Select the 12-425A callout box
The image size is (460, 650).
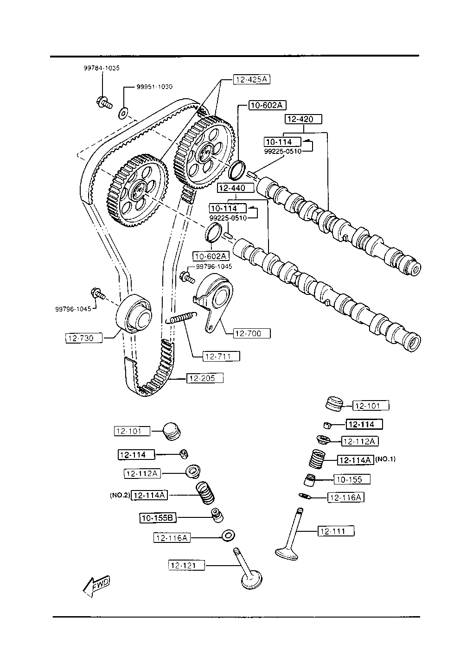[252, 79]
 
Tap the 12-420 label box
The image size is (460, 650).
[303, 119]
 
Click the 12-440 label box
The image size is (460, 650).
[236, 188]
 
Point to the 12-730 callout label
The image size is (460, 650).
[84, 338]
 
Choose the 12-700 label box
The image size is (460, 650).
[252, 333]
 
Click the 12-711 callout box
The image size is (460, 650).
[222, 356]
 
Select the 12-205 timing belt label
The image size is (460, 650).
[205, 378]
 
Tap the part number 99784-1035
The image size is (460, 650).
[102, 68]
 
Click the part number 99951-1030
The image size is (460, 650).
[154, 87]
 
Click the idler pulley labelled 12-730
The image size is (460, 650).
[134, 313]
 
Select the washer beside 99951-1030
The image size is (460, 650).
[123, 113]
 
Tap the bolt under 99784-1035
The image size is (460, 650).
[104, 102]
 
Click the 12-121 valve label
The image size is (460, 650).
[186, 565]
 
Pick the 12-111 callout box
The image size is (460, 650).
[336, 531]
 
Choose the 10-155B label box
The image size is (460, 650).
[158, 518]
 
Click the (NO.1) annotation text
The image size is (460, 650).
[385, 459]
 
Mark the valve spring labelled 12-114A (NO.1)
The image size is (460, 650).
[317, 459]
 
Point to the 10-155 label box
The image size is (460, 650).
[352, 479]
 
